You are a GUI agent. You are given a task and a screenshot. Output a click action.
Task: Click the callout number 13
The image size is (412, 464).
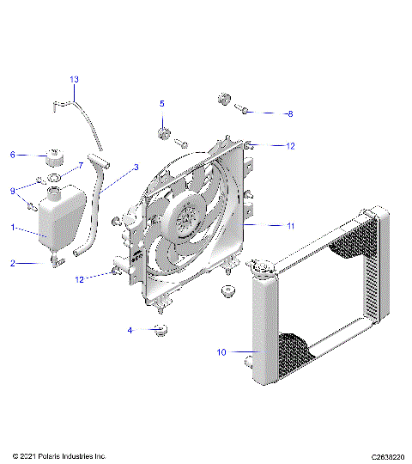click(74, 80)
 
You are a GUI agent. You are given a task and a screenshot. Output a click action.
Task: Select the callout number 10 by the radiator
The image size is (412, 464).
click(221, 352)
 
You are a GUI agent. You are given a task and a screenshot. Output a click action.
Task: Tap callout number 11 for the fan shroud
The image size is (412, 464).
click(290, 226)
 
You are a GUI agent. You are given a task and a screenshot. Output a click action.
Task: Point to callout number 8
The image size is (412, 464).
click(290, 113)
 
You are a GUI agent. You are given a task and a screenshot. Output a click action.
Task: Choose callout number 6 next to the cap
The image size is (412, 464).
click(13, 155)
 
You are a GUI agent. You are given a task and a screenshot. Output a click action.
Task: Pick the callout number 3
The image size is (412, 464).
click(135, 168)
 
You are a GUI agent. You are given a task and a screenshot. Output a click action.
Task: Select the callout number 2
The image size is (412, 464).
click(13, 263)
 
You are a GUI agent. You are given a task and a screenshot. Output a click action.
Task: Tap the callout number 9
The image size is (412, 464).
click(13, 191)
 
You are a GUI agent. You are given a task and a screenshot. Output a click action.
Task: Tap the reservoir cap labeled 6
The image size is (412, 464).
click(55, 158)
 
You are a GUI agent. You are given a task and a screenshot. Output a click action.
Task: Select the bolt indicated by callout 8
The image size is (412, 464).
click(244, 112)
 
